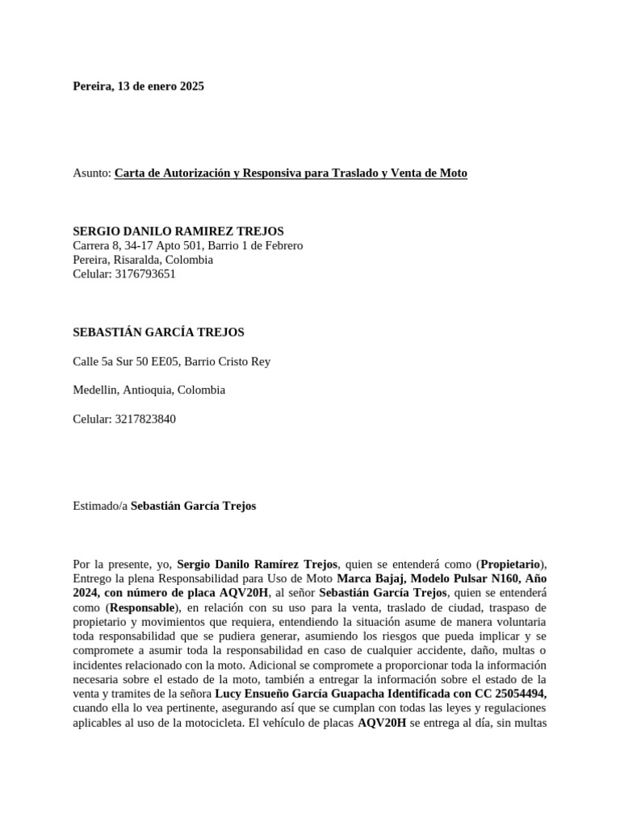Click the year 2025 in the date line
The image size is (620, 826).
[191, 86]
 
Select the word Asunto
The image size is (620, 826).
[90, 173]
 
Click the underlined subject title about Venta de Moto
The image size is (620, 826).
[291, 173]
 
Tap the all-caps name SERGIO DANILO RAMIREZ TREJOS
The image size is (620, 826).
[178, 231]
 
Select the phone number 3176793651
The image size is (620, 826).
[146, 274]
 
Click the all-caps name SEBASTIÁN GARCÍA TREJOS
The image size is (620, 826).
[158, 332]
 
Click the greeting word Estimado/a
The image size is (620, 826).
[100, 507]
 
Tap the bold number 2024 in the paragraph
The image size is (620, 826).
[87, 594]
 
